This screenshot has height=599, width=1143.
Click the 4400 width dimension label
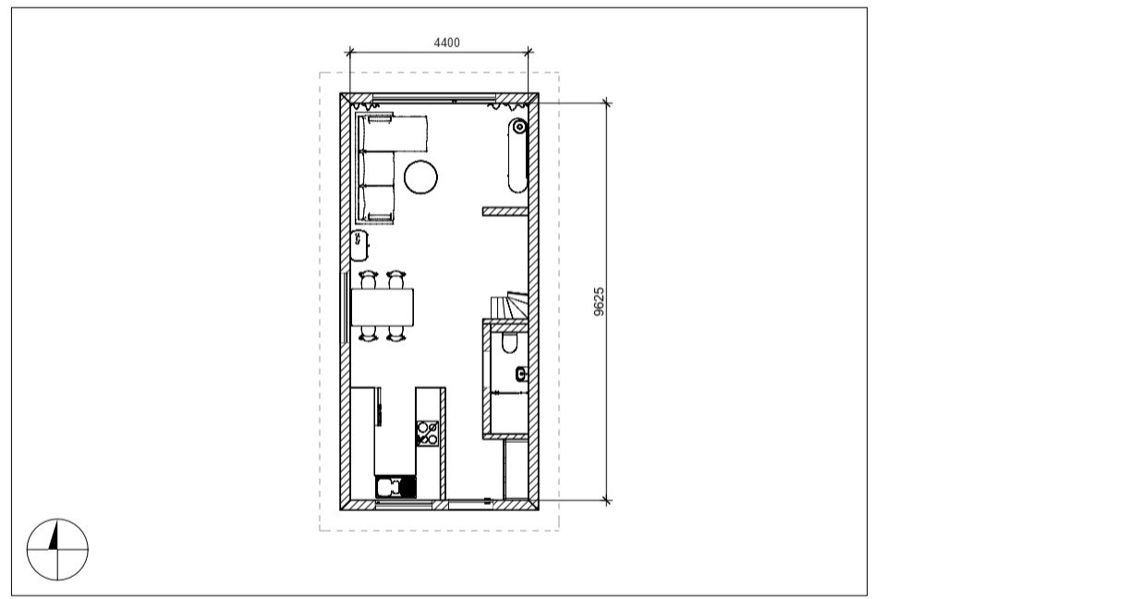point(446,43)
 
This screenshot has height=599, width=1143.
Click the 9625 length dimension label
point(599,301)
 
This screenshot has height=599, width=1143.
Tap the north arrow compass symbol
point(57,549)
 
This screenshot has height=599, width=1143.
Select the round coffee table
point(420,177)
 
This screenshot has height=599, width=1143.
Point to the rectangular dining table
point(383,307)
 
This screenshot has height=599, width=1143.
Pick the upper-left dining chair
point(368,279)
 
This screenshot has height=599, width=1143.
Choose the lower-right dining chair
point(396,334)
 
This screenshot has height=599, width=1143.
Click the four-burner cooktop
point(427,433)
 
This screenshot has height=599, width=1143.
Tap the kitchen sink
point(395,486)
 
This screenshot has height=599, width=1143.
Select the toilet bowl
point(509,343)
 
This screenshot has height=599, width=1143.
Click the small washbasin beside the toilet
point(521,374)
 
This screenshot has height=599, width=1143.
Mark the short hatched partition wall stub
point(505,212)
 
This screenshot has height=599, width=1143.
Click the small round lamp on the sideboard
point(519,126)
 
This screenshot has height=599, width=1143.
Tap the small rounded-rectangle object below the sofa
point(359,245)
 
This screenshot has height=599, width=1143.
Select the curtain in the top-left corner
point(365,106)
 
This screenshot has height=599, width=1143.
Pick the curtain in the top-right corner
point(507,106)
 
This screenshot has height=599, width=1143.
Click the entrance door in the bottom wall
point(470,504)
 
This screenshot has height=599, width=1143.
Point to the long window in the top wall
point(434,98)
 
